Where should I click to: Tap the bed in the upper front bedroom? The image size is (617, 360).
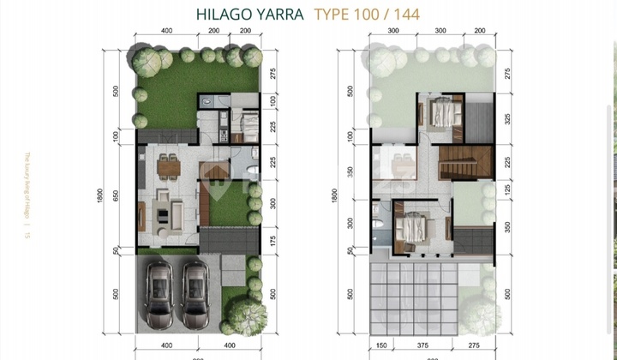pyautogui.click(x=415, y=227)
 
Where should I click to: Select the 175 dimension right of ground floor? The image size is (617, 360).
pyautogui.click(x=273, y=241)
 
